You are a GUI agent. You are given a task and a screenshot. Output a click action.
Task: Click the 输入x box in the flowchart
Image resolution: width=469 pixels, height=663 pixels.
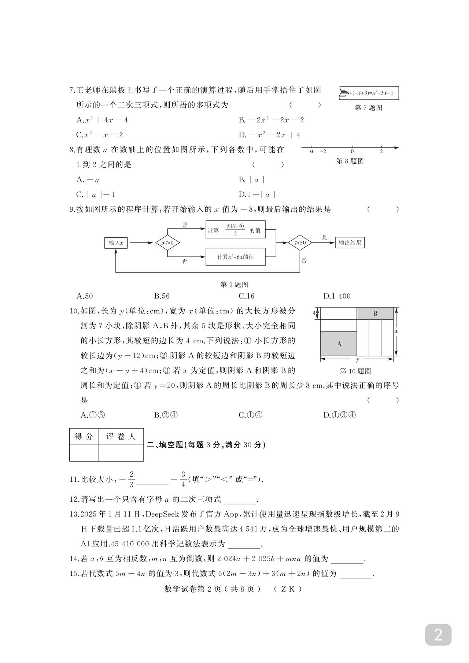pyautogui.click(x=116, y=242)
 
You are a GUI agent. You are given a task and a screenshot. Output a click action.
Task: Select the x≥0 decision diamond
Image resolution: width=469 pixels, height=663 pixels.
pyautogui.click(x=167, y=242)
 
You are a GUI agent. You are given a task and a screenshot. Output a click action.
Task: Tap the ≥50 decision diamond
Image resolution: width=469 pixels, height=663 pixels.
pyautogui.click(x=300, y=242)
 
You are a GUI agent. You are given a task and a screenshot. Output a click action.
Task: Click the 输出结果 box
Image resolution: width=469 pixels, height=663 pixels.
pyautogui.click(x=350, y=242)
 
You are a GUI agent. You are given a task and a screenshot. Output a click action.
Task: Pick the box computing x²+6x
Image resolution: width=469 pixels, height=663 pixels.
pyautogui.click(x=235, y=257)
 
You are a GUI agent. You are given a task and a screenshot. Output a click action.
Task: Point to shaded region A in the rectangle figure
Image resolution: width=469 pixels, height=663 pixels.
pyautogui.click(x=339, y=344)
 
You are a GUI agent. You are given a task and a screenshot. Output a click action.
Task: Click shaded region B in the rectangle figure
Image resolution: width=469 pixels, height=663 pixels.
pyautogui.click(x=375, y=314)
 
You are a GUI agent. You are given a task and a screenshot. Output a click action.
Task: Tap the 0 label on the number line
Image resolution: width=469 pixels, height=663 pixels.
pyautogui.click(x=352, y=151)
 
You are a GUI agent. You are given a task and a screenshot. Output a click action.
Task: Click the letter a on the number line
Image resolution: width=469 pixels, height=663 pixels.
pyautogui.click(x=312, y=151)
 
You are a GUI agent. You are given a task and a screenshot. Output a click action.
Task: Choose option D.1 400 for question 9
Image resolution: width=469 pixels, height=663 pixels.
pyautogui.click(x=337, y=296)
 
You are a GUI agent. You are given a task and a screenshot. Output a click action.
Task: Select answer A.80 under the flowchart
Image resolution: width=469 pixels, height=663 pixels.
pyautogui.click(x=85, y=296)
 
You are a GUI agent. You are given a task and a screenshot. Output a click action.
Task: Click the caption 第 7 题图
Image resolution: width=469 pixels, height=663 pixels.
pyautogui.click(x=369, y=108)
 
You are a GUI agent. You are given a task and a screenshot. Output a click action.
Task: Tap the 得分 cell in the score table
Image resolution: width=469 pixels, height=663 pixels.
pyautogui.click(x=84, y=436)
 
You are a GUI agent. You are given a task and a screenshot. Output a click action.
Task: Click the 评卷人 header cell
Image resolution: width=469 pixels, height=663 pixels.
pyautogui.click(x=121, y=436)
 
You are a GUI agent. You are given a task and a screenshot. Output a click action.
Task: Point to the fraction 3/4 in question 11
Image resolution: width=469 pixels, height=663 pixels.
pyautogui.click(x=183, y=479)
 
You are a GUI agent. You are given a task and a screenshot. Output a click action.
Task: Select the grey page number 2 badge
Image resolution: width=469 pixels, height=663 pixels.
pyautogui.click(x=438, y=634)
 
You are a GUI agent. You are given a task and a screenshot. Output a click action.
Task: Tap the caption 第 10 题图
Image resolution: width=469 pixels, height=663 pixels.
pyautogui.click(x=355, y=371)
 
